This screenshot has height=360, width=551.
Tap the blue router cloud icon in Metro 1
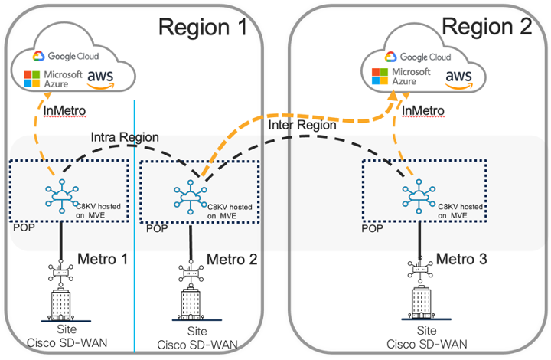(58, 195)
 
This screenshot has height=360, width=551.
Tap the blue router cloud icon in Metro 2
(188, 195)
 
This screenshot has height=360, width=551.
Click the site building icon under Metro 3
(419, 303)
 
